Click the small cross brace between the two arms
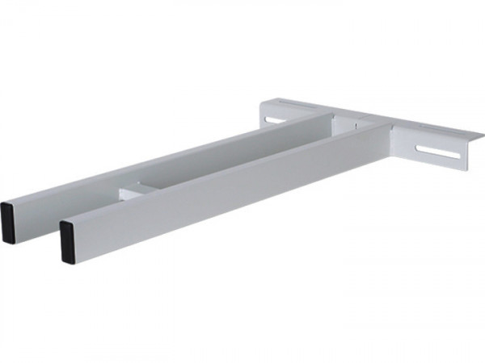tap(134, 193)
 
